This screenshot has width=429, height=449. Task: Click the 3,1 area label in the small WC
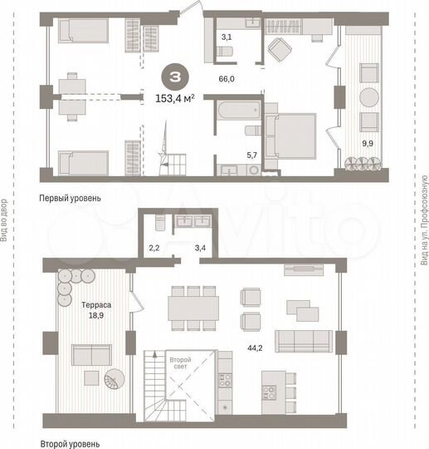click(226, 37)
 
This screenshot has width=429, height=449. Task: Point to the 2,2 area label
click(154, 246)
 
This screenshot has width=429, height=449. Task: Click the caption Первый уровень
click(70, 198)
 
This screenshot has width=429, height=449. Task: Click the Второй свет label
click(182, 365)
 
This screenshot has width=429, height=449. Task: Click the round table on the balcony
click(366, 98)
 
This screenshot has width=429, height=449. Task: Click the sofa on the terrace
click(90, 357)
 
